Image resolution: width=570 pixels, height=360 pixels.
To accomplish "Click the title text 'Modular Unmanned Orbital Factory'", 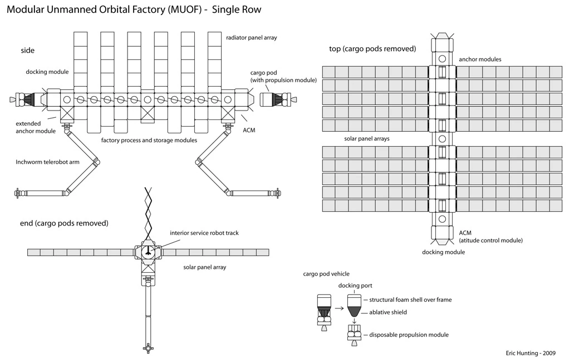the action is click(x=86, y=9).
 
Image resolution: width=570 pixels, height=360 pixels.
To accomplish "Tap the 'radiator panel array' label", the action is click(x=252, y=38).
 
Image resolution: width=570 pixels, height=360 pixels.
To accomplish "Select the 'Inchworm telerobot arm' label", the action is click(x=47, y=162).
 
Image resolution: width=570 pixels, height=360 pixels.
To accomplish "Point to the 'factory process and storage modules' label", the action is click(x=149, y=140).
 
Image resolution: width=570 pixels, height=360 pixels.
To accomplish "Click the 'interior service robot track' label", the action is click(x=204, y=233).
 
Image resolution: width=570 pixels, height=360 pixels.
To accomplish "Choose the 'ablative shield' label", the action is click(x=388, y=312).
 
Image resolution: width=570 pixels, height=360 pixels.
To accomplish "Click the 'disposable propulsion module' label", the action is click(x=409, y=334).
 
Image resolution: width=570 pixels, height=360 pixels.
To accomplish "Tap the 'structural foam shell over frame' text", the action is click(x=410, y=300).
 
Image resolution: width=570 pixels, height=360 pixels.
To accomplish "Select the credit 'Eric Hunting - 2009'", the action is click(x=530, y=353).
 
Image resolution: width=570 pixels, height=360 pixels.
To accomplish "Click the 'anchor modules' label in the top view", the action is click(x=480, y=59).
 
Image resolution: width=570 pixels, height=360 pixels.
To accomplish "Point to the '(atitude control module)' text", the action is click(x=491, y=240).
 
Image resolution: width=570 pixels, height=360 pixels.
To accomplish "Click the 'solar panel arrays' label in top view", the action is click(x=367, y=139).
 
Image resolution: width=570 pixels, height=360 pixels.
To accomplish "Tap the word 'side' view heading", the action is click(x=28, y=51).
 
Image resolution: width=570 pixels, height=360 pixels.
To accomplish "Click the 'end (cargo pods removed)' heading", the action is click(x=64, y=223).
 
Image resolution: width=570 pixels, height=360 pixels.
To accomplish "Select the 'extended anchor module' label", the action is click(x=36, y=127).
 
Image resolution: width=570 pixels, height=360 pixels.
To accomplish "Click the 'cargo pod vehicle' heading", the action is click(x=326, y=274).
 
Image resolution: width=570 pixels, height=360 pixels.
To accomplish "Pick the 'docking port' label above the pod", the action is click(x=355, y=286).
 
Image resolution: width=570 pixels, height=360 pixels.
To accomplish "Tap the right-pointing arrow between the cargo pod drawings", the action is click(x=339, y=308).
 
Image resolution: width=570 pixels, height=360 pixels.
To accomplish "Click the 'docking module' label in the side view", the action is click(x=47, y=72).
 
